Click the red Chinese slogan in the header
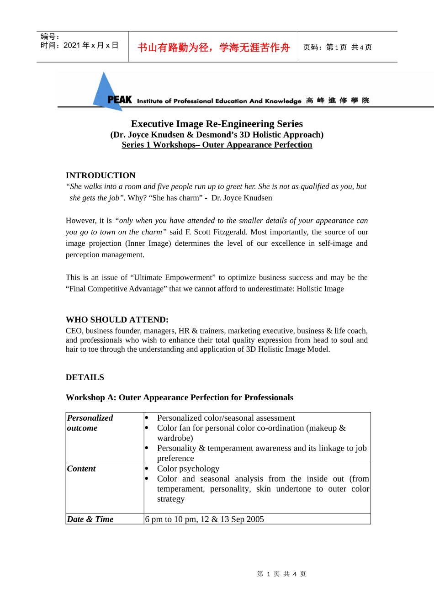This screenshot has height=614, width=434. [x=214, y=48]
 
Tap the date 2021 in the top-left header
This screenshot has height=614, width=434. [x=72, y=45]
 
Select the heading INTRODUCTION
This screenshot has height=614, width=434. [x=101, y=175]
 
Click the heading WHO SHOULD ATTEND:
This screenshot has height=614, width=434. [x=117, y=320]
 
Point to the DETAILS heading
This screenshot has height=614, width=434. [x=85, y=377]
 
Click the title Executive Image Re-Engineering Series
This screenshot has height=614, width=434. [x=217, y=124]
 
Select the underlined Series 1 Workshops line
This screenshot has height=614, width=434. [x=217, y=145]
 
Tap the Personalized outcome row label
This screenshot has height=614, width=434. [x=90, y=423]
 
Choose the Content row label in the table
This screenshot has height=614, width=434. [x=81, y=469]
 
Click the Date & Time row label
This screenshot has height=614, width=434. [x=90, y=519]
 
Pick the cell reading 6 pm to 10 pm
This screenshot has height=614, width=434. [x=205, y=519]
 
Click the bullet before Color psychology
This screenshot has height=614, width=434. [x=147, y=469]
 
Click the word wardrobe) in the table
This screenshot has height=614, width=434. [x=175, y=438]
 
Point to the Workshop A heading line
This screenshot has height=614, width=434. [x=180, y=397]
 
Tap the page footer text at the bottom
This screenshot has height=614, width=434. [x=281, y=574]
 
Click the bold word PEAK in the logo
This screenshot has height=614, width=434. [x=120, y=100]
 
